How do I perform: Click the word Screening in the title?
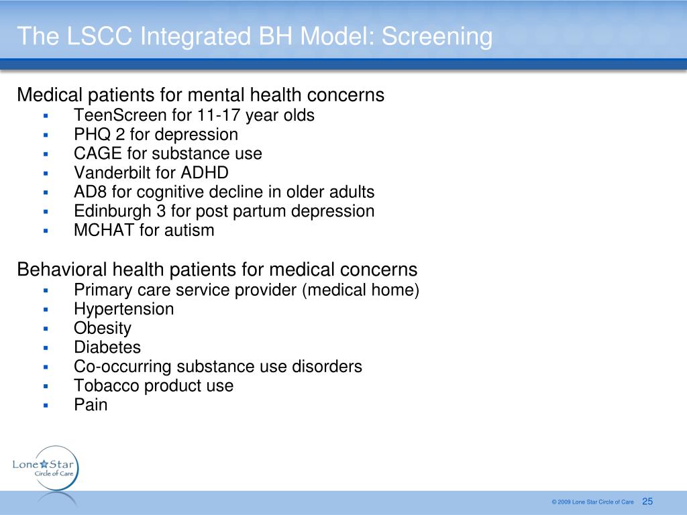437,37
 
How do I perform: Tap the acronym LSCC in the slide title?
99,36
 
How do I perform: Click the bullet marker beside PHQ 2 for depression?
46,135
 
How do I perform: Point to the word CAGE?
98,154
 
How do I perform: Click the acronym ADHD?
205,172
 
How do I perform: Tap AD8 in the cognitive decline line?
90,192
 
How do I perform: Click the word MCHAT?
104,231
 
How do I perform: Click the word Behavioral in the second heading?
62,270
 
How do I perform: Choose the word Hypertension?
124,309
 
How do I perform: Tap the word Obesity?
103,329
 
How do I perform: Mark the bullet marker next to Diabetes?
46,348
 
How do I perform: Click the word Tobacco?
106,386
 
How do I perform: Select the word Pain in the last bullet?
91,405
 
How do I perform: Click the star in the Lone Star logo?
44,464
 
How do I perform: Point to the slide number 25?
647,502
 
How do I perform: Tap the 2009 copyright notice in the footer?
593,502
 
